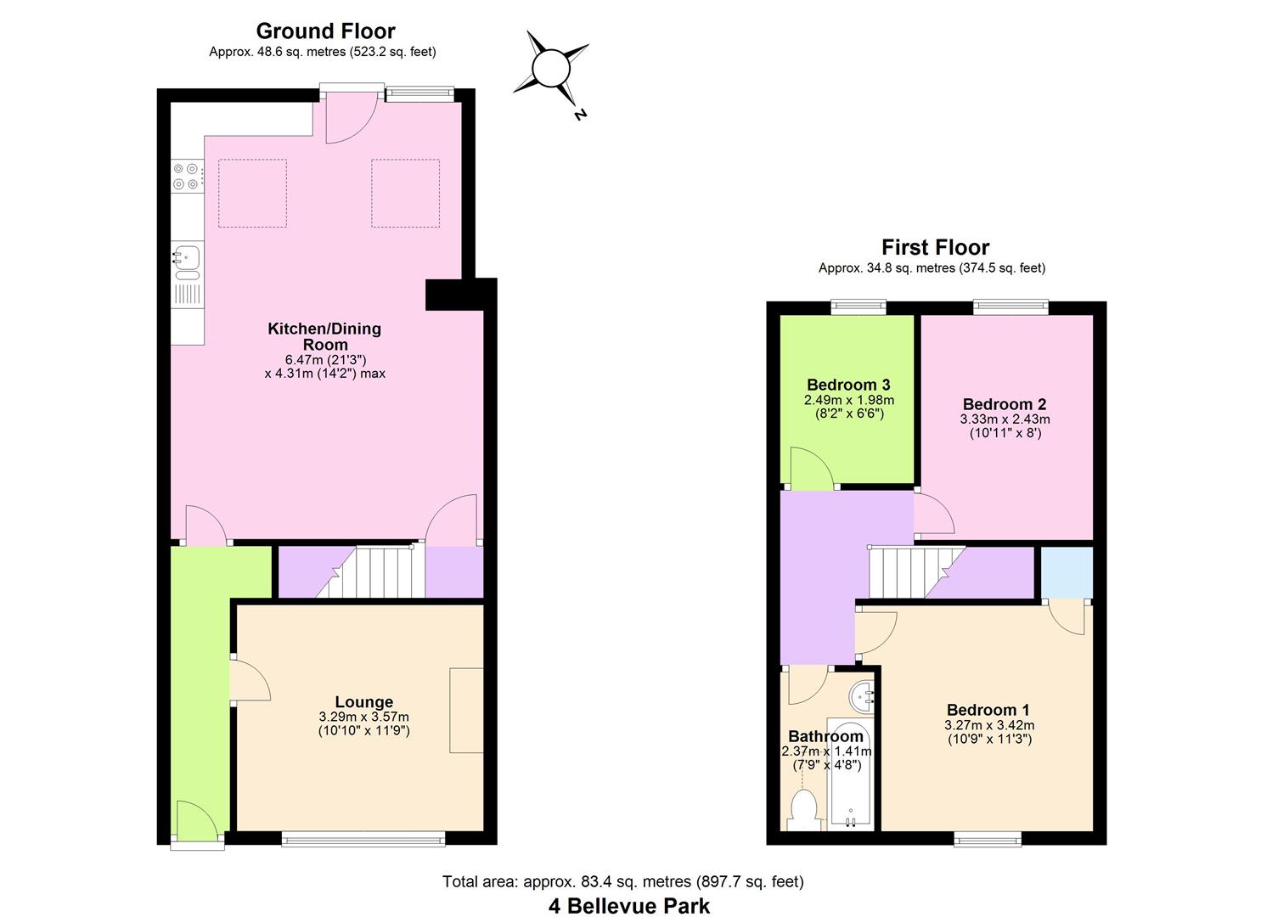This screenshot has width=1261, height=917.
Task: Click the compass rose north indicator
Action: click(x=551, y=68)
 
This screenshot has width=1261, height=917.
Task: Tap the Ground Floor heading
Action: click(x=325, y=31)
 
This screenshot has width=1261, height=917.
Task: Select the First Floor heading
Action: click(x=935, y=247)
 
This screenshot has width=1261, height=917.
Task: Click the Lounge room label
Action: click(x=363, y=702)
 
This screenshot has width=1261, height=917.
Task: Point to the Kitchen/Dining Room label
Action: click(x=324, y=336)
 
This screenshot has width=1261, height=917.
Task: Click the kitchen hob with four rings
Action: click(x=187, y=176)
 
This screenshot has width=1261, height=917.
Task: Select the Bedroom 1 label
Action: click(x=988, y=710)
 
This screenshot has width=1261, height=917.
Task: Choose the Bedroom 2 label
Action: click(x=1005, y=404)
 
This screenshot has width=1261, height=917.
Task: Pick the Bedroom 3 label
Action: click(x=848, y=385)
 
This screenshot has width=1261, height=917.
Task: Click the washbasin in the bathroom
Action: click(x=864, y=697)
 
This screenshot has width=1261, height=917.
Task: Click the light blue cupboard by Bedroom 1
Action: click(x=1067, y=572)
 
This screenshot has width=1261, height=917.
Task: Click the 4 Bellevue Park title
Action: click(x=629, y=905)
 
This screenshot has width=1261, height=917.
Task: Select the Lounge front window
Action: click(x=363, y=840)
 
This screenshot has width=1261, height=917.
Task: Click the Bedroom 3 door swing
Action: click(x=809, y=469)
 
